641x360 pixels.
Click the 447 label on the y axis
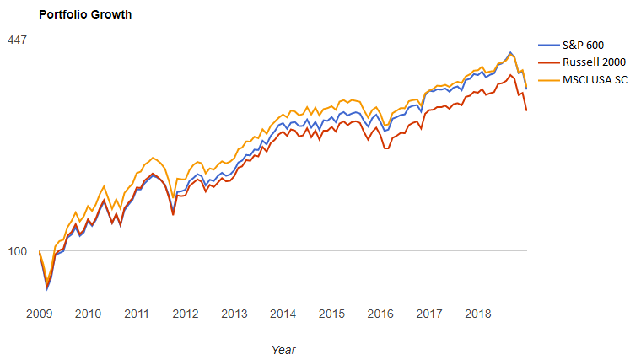tap(18, 40)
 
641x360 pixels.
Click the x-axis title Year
tap(283, 349)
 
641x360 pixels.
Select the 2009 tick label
tap(40, 314)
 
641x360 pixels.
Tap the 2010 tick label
tap(88, 314)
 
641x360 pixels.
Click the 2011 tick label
tap(137, 314)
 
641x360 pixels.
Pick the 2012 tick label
tap(186, 314)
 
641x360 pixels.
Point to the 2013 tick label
tap(234, 314)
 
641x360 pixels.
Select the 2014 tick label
tap(283, 314)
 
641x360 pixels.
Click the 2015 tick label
tap(331, 314)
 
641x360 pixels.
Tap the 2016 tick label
tap(380, 314)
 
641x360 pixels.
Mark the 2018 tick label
tap(477, 314)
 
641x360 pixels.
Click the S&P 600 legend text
tap(584, 45)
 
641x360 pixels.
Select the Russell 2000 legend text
tap(594, 62)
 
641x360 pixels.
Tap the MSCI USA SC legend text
tap(597, 79)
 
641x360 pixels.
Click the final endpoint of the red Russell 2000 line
tap(527, 110)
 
